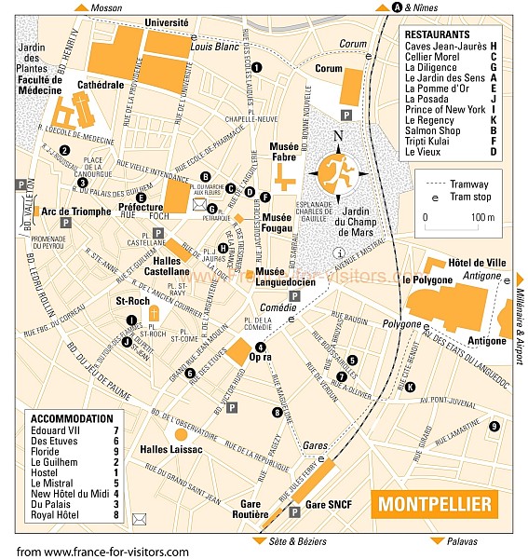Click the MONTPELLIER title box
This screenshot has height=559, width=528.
point(434,505)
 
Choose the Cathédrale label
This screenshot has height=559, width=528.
point(101,85)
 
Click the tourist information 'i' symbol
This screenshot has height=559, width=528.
point(340,253)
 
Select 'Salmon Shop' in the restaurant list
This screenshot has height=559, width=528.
point(432,130)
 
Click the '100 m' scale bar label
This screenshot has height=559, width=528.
point(482,217)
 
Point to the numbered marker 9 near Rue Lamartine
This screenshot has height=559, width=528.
point(494,426)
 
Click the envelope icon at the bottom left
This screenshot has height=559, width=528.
point(140,518)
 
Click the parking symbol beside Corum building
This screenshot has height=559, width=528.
point(346,114)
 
